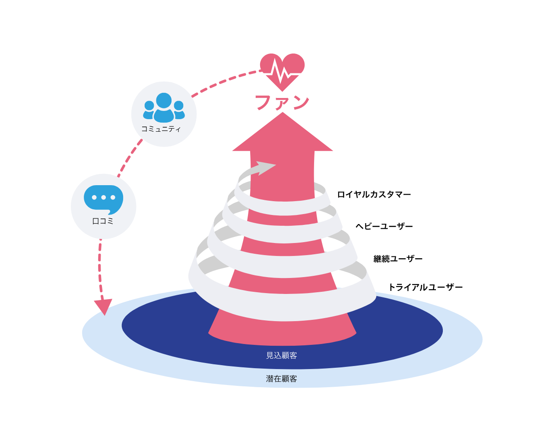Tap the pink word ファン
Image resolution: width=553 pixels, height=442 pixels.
coord(282,103)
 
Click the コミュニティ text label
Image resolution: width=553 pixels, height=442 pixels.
coord(161,129)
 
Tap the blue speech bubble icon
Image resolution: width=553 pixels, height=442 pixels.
coord(103,199)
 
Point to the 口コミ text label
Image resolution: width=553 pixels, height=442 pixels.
coord(103,221)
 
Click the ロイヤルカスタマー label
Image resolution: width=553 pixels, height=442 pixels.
coord(374,195)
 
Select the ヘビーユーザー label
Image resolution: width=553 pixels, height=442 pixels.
coord(384,227)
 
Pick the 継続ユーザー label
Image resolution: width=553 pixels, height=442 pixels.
coord(398,259)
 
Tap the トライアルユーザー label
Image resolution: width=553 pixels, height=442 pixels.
coord(426,287)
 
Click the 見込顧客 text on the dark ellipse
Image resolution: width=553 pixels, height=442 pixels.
coord(282,356)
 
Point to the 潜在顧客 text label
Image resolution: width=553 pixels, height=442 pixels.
coord(282,379)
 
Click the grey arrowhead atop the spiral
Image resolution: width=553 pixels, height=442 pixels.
coord(265,167)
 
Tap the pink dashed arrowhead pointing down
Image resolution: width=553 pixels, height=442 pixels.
coord(103,306)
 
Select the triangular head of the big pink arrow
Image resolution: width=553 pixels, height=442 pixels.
coord(283,134)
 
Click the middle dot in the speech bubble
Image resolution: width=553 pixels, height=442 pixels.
coord(103,198)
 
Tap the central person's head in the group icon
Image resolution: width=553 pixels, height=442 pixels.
coord(164,100)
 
